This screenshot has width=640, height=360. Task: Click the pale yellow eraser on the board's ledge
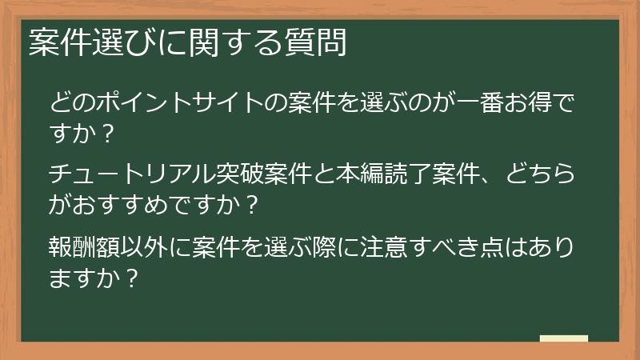tap(563, 338)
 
